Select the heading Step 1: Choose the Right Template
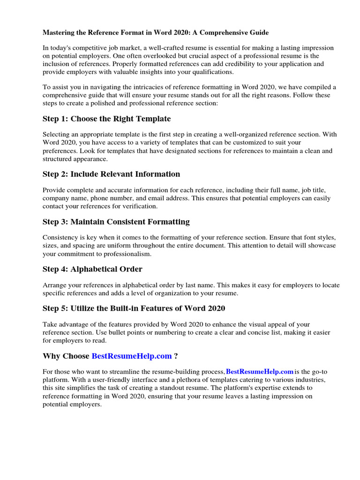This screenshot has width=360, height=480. pos(106,119)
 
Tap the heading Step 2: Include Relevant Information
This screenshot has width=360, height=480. pos(111,174)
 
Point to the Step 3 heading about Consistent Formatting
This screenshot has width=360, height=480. pos(116,222)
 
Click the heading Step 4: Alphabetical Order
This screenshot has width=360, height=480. pos(92,269)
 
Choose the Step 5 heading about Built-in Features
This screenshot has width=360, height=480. pos(134,308)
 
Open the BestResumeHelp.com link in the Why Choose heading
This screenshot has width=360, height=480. pos(132,356)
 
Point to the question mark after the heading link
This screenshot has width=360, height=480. pos(176,356)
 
